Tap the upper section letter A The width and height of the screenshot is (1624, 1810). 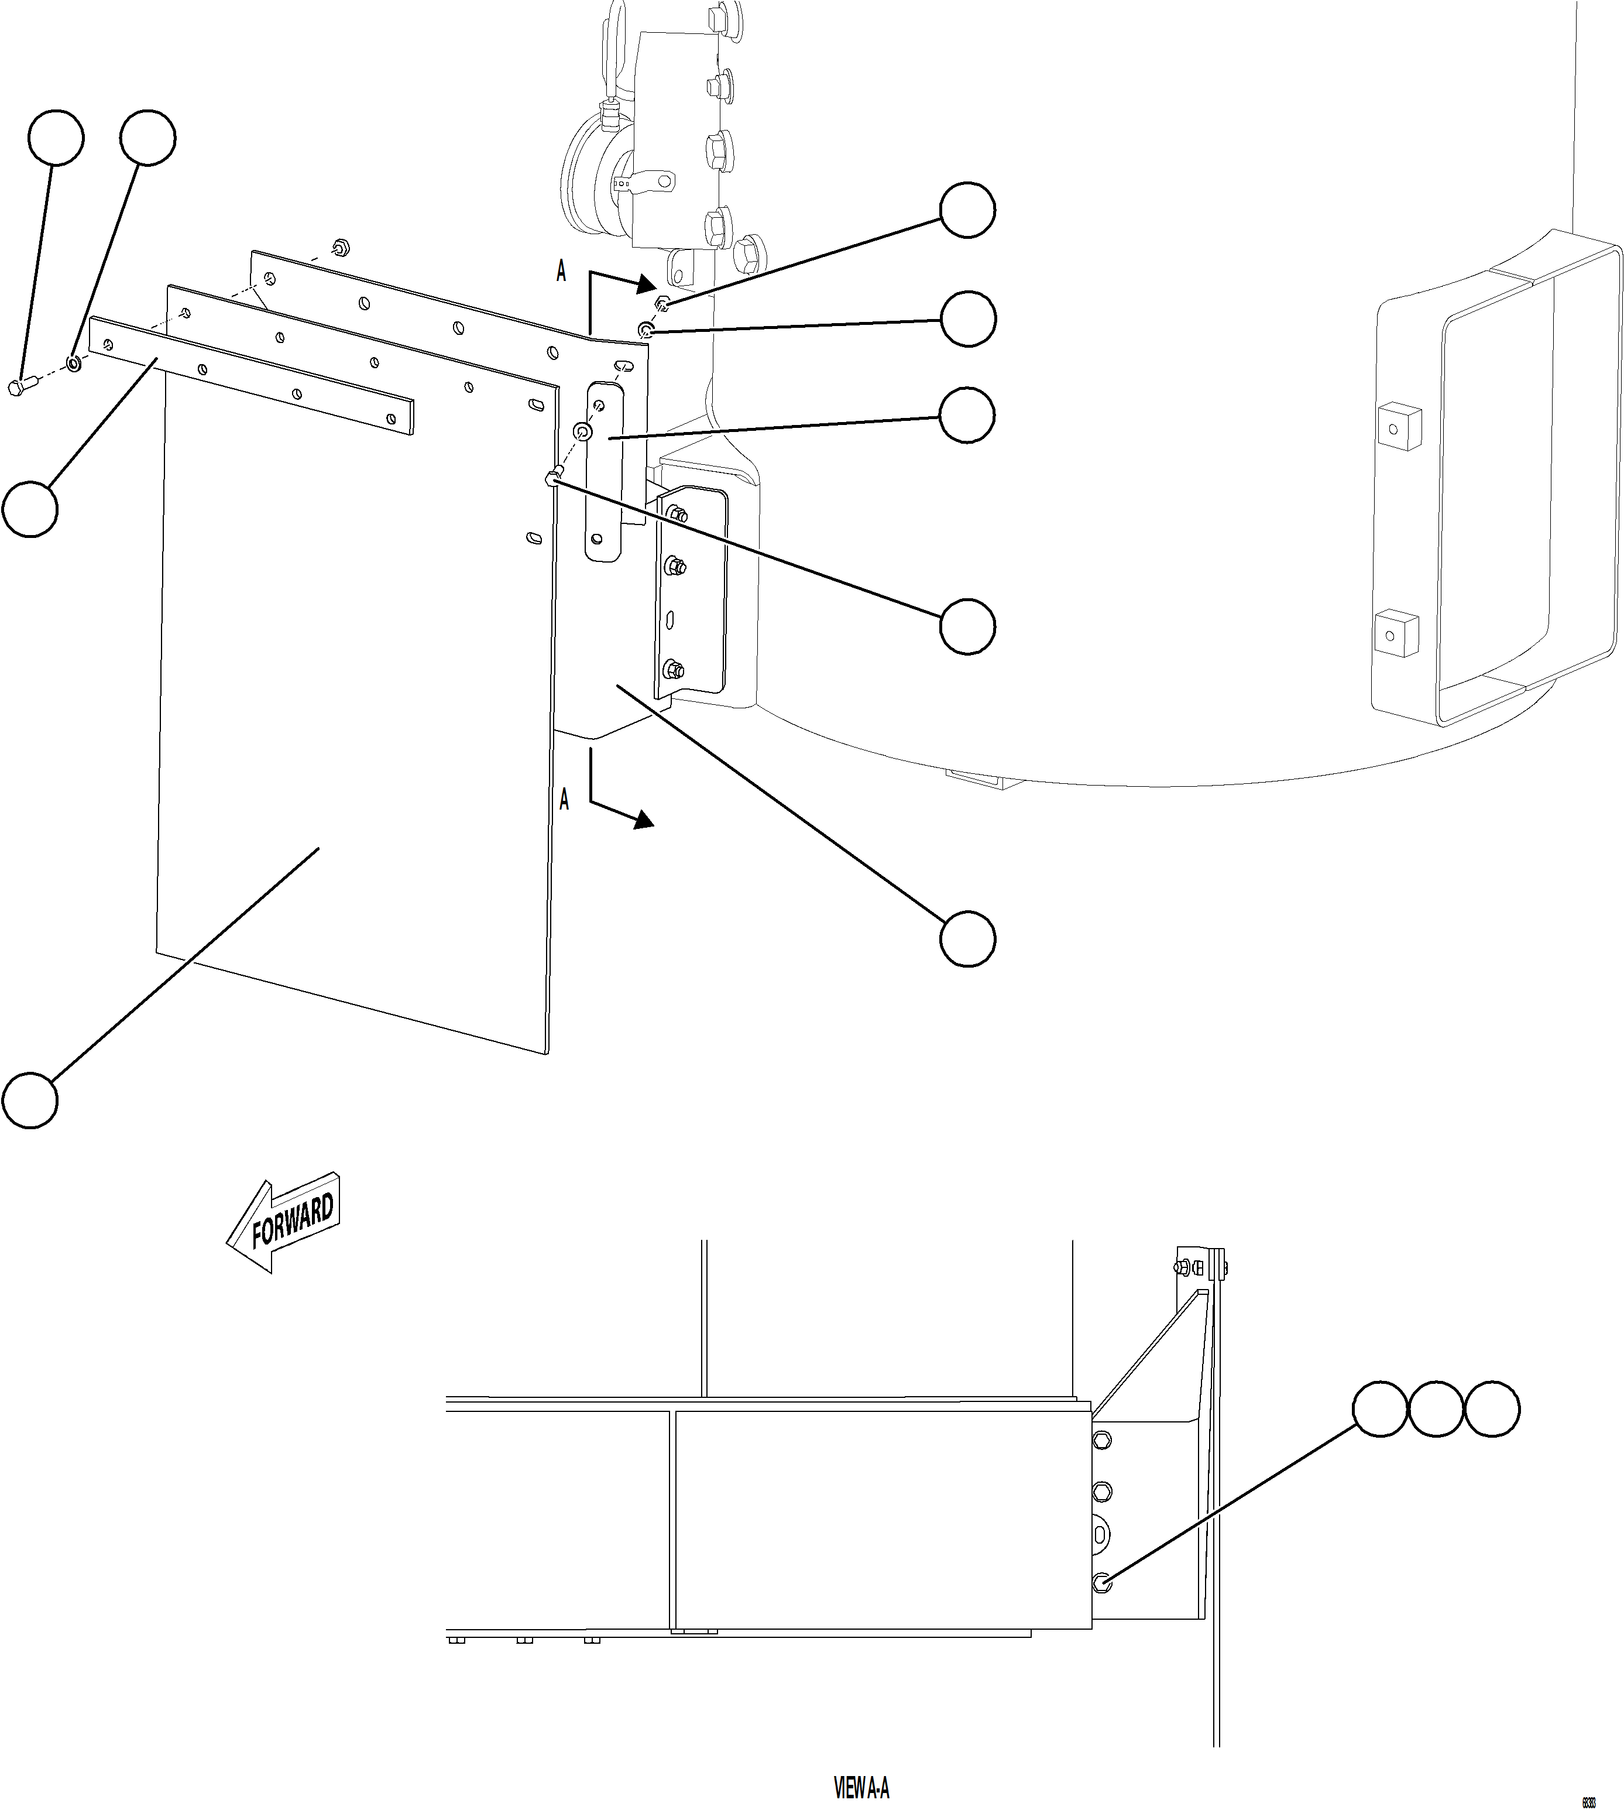click(x=561, y=271)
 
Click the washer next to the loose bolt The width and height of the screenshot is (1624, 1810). click(x=73, y=364)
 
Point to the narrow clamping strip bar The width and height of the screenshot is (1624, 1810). click(x=250, y=379)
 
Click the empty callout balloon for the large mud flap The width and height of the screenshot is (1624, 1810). click(x=30, y=1101)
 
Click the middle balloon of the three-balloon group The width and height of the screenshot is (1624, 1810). click(x=1436, y=1409)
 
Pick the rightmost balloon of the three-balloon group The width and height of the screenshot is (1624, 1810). click(x=1492, y=1409)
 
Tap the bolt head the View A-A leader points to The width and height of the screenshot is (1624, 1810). click(x=1102, y=1582)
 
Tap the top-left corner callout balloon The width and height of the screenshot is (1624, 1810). click(x=56, y=138)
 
